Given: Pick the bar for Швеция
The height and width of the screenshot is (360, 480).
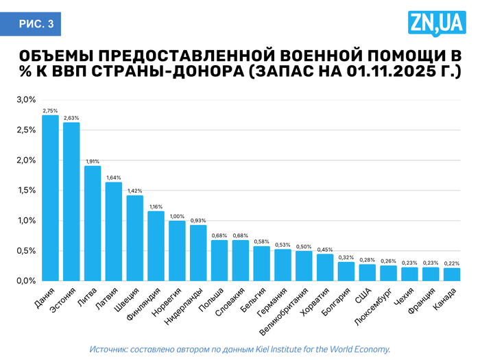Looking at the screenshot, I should point(134,238).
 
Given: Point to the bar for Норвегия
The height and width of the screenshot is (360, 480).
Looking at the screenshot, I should point(177,250).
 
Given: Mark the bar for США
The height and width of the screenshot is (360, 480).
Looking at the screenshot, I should point(367,272).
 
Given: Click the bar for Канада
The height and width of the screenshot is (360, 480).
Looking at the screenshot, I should point(451,274).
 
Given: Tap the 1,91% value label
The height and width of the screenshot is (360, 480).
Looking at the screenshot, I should point(93,161).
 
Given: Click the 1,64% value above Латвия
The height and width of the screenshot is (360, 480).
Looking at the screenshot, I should point(114,178).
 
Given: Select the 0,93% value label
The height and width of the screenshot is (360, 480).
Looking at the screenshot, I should point(198,220).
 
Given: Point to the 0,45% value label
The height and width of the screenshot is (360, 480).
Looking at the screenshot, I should point(325,250).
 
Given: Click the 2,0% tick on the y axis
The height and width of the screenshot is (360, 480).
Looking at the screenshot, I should point(26,160).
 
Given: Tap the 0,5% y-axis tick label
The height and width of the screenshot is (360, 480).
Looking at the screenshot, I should point(26,250).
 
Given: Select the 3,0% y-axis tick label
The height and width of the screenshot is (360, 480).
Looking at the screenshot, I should point(26,100).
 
